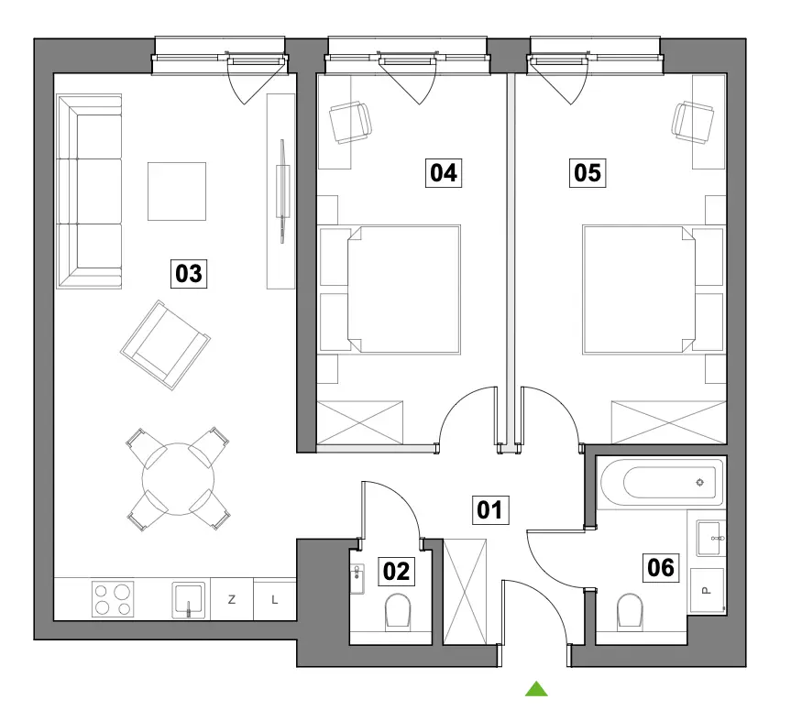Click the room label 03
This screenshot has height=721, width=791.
(x=189, y=274)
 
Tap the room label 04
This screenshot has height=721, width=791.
(x=444, y=173)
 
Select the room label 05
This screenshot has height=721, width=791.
(x=588, y=173)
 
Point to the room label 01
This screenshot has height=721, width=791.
(x=490, y=509)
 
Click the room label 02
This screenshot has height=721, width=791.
(x=397, y=572)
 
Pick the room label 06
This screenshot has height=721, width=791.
(x=661, y=567)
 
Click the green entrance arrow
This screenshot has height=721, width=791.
(x=536, y=689)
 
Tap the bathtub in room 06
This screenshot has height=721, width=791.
(x=662, y=483)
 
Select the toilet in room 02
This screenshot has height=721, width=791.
(x=398, y=612)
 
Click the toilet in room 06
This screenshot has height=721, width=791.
(x=630, y=612)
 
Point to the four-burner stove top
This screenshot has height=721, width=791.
(x=113, y=599)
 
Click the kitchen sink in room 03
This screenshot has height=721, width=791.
(x=189, y=600)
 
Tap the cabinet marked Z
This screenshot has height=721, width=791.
(x=232, y=599)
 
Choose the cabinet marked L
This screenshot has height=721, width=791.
(x=274, y=599)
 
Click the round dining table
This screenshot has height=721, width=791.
(x=178, y=479)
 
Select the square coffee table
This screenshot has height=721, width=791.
(x=177, y=191)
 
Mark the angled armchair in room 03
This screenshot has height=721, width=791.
(x=166, y=345)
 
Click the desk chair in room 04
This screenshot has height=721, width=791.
(x=351, y=123)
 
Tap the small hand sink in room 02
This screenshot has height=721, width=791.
(x=357, y=579)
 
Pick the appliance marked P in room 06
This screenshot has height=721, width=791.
(x=707, y=590)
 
